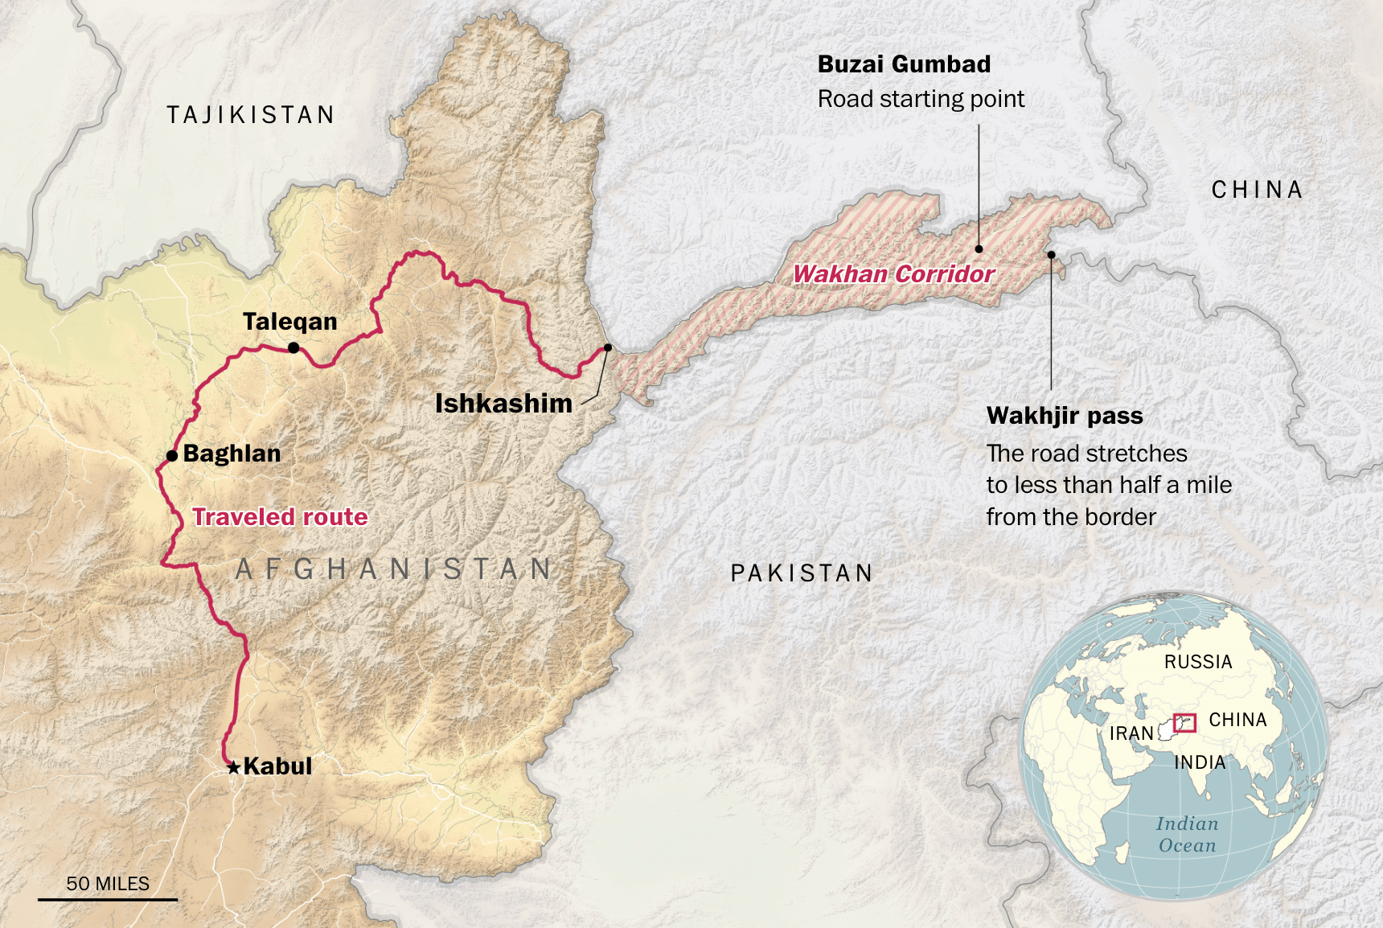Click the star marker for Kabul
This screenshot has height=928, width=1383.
pos(233,767)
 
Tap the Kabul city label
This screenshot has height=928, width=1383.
pos(277,766)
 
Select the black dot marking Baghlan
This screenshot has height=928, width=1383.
pos(172,456)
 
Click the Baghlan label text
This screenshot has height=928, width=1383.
pos(232,454)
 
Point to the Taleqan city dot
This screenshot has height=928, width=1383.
pos(293,347)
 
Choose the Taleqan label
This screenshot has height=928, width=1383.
pos(289,322)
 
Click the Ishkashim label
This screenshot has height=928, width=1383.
pos(503,404)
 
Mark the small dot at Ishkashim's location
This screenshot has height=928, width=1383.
pos(608,347)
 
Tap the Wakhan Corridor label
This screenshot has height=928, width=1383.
pos(893,274)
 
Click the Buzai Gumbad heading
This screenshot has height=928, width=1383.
pos(904,64)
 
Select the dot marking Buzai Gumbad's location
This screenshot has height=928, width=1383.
pos(979,249)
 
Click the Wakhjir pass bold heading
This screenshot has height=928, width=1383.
pos(1064,416)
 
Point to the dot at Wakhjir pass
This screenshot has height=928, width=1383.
pos(1051,255)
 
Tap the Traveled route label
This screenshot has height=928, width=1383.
pos(280,517)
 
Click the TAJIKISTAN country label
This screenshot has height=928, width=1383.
pos(250,115)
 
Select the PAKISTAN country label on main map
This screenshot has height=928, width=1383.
pos(801,573)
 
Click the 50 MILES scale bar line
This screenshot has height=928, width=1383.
pos(108,899)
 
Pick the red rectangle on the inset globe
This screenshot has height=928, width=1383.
pos(1184,722)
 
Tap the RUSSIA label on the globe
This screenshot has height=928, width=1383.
pos(1197,662)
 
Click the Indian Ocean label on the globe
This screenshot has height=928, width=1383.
pos(1187,834)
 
